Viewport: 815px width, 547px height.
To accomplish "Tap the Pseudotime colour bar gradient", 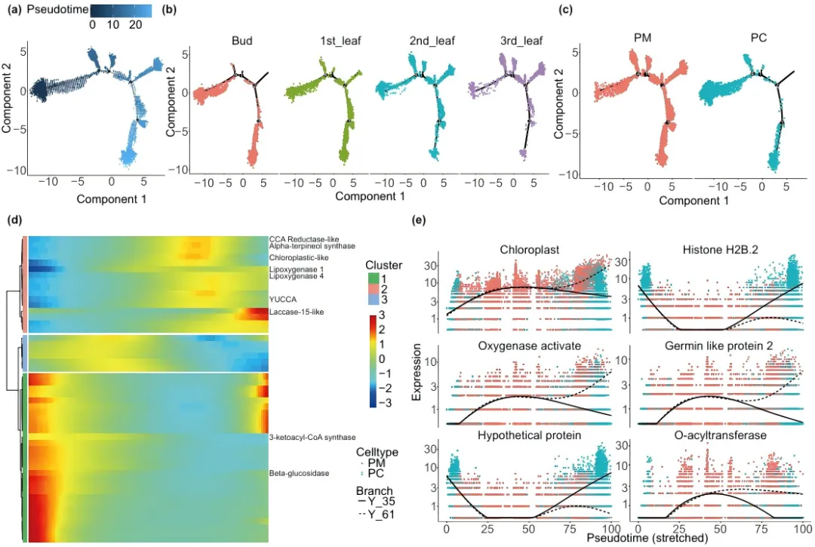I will [121, 11].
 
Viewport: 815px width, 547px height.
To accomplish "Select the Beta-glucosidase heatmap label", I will [297, 474].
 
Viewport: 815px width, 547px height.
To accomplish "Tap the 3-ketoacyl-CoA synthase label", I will [312, 438].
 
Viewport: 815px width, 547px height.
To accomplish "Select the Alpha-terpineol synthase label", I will [312, 246].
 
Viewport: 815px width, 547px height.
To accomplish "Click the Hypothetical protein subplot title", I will [528, 436].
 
